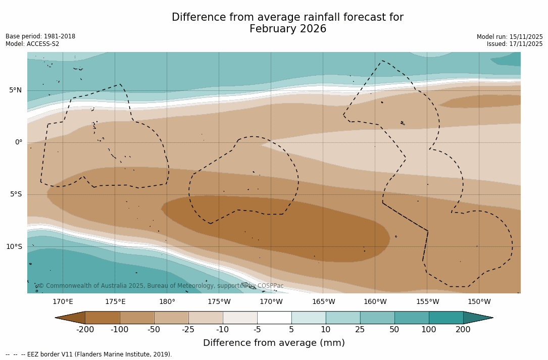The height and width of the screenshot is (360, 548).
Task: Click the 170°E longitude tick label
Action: click(x=63, y=302)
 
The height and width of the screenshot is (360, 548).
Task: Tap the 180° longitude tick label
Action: click(x=167, y=302)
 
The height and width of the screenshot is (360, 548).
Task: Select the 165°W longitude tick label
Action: click(x=323, y=302)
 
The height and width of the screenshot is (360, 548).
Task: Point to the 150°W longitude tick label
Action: click(x=479, y=302)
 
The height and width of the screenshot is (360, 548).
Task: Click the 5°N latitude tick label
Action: click(x=15, y=90)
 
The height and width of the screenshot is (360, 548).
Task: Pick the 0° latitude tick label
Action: click(x=19, y=142)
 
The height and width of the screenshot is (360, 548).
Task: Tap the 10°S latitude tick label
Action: click(x=14, y=247)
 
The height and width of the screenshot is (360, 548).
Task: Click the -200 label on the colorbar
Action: click(x=85, y=330)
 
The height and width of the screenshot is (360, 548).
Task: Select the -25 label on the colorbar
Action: click(x=188, y=330)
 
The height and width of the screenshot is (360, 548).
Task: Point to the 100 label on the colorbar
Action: click(x=429, y=330)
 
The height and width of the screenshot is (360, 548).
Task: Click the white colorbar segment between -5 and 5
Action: click(x=274, y=318)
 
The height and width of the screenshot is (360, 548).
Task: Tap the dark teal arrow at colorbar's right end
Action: click(x=477, y=318)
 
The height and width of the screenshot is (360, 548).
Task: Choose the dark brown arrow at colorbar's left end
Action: click(x=70, y=318)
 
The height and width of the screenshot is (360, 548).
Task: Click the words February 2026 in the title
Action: click(x=288, y=29)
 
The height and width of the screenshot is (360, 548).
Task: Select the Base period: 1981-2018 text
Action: click(x=40, y=36)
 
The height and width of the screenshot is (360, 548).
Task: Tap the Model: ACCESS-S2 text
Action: click(x=32, y=44)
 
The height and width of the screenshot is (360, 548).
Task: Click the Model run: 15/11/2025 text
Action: click(x=510, y=37)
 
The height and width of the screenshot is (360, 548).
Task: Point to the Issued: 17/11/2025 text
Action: click(x=515, y=44)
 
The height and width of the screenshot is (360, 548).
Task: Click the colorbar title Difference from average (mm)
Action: click(x=274, y=343)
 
